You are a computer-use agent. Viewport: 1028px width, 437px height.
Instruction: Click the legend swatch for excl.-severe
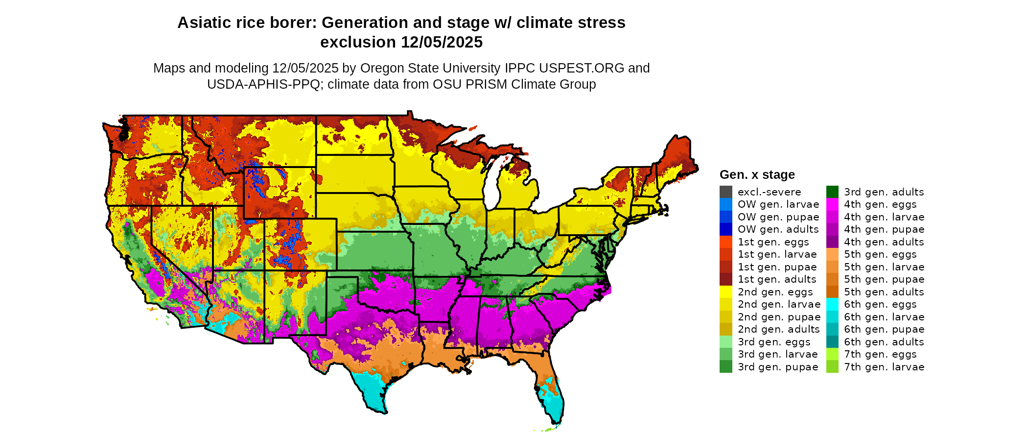[726, 192]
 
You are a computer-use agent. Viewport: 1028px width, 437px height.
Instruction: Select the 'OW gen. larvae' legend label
[778, 204]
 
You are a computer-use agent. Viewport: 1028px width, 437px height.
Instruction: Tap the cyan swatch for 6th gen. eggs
[832, 304]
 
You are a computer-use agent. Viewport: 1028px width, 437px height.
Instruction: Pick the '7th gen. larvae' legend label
[884, 367]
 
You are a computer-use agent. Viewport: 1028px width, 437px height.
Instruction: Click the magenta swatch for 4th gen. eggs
[832, 204]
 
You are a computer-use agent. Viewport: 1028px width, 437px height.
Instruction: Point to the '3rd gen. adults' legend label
[884, 192]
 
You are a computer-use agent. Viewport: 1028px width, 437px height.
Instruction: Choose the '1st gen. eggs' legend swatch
[726, 242]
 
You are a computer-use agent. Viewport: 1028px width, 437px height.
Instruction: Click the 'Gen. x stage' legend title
[757, 175]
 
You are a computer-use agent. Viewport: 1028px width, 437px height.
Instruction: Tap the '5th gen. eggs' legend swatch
[832, 254]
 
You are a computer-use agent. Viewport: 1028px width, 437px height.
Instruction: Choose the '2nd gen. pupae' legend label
[779, 317]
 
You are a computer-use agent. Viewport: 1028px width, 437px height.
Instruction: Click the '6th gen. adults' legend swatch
[832, 342]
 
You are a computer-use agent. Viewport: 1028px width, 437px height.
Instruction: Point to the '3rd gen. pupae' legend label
[778, 367]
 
